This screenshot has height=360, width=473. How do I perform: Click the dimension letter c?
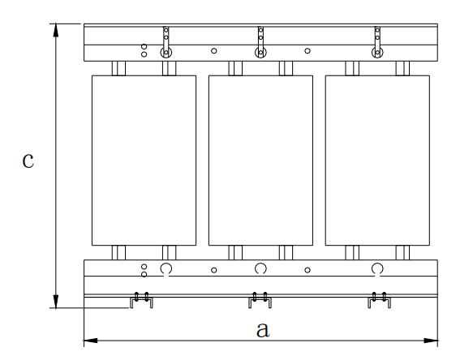(x=28, y=161)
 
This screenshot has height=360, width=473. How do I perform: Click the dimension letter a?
(x=262, y=330)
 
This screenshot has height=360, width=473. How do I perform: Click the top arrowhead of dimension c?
(x=56, y=30)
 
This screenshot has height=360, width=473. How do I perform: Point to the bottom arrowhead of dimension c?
(x=56, y=301)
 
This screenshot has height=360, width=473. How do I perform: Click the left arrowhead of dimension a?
(x=91, y=341)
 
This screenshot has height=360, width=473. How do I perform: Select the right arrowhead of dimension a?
(x=431, y=341)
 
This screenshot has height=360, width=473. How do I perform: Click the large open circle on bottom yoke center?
(x=260, y=263)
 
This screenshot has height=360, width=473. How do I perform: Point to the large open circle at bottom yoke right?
(x=377, y=263)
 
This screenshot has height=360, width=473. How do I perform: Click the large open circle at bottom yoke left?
(x=166, y=263)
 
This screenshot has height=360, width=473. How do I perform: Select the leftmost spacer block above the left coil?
(x=118, y=68)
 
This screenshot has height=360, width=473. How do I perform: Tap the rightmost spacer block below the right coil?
(x=402, y=253)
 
